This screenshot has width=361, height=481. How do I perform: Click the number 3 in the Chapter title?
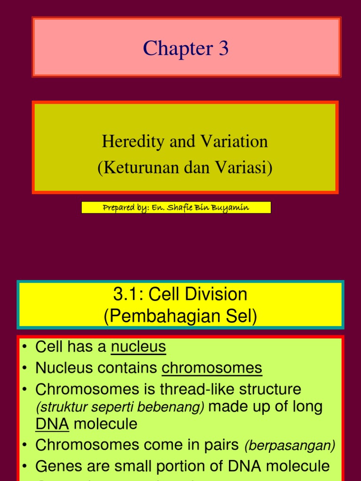tap(223, 49)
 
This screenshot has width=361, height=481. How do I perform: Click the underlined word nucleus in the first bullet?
tap(138, 347)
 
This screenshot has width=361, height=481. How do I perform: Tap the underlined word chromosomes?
tap(212, 368)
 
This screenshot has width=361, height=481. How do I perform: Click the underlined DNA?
tap(52, 424)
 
